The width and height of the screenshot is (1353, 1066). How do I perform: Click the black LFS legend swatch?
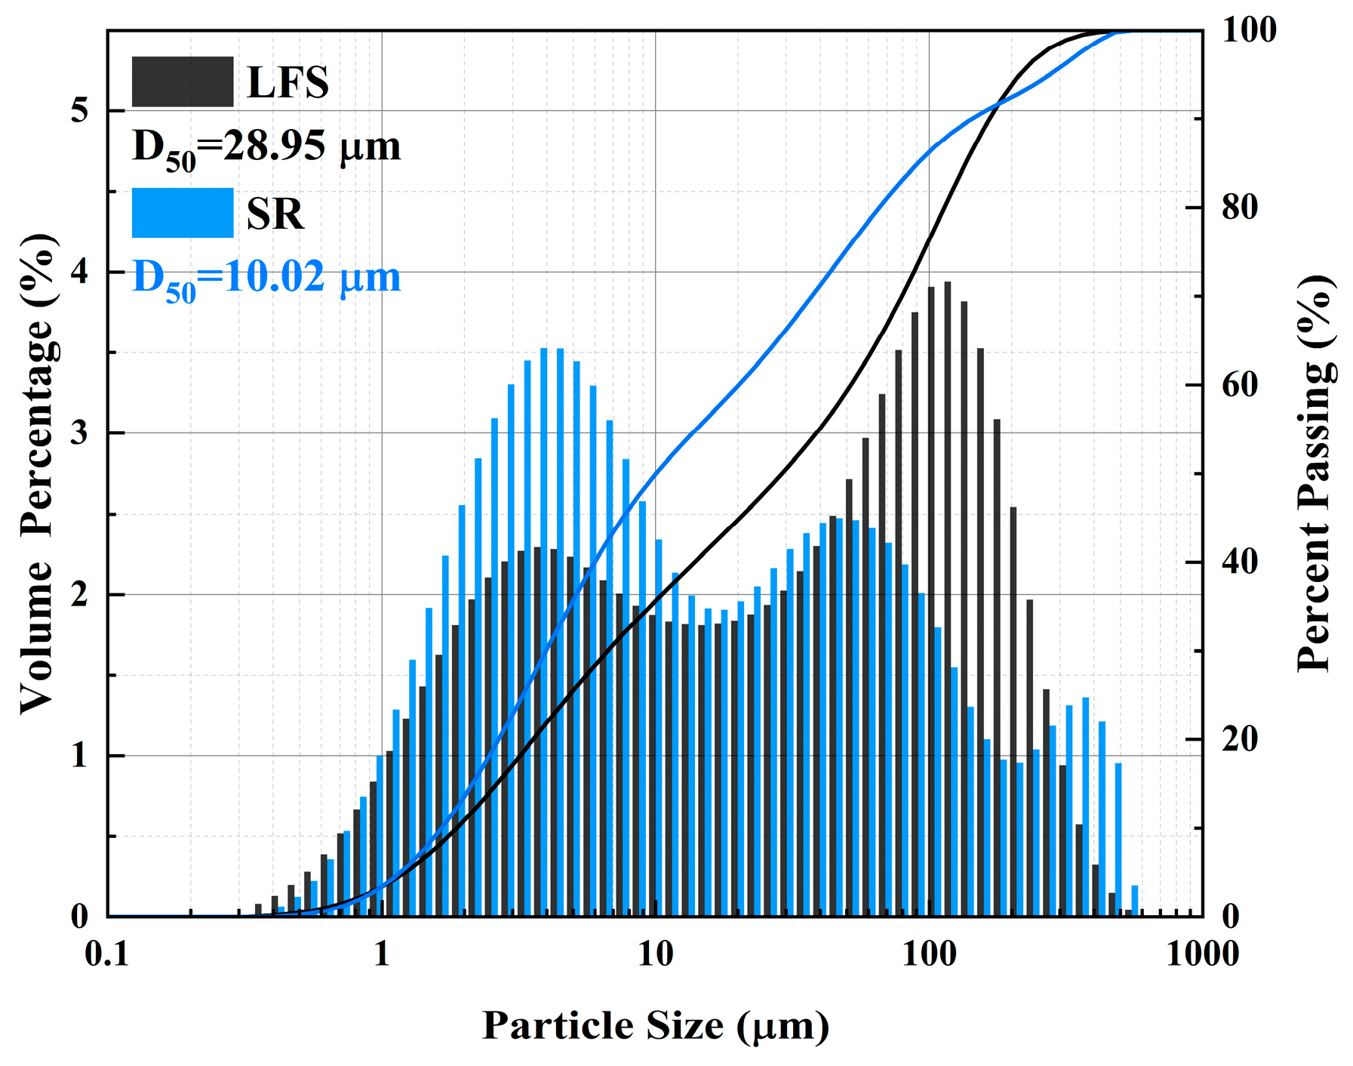coord(182,82)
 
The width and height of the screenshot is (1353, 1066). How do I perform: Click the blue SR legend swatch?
coord(182,213)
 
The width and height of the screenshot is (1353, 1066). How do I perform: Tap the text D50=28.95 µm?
coord(266,147)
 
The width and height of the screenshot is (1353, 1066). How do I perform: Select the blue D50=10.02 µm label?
coord(266,279)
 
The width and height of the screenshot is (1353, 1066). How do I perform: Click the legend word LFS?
coord(288,83)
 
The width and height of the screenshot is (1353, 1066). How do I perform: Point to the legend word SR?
coord(275,214)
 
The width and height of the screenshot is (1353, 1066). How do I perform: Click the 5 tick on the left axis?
coord(78,111)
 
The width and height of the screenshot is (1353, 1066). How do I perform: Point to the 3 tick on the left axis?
coord(78,433)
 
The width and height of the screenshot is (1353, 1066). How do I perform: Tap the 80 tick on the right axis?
coord(1239,208)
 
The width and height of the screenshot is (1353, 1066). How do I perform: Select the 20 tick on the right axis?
coord(1239,739)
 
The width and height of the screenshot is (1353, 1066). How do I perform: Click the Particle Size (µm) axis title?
coord(655,1025)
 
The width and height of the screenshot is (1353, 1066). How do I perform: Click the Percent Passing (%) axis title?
coord(1315,474)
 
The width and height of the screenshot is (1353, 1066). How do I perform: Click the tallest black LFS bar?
coord(947,596)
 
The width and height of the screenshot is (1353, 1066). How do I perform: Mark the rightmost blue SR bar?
coord(1134,901)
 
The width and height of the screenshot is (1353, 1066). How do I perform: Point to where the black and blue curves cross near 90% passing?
coord(998,103)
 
